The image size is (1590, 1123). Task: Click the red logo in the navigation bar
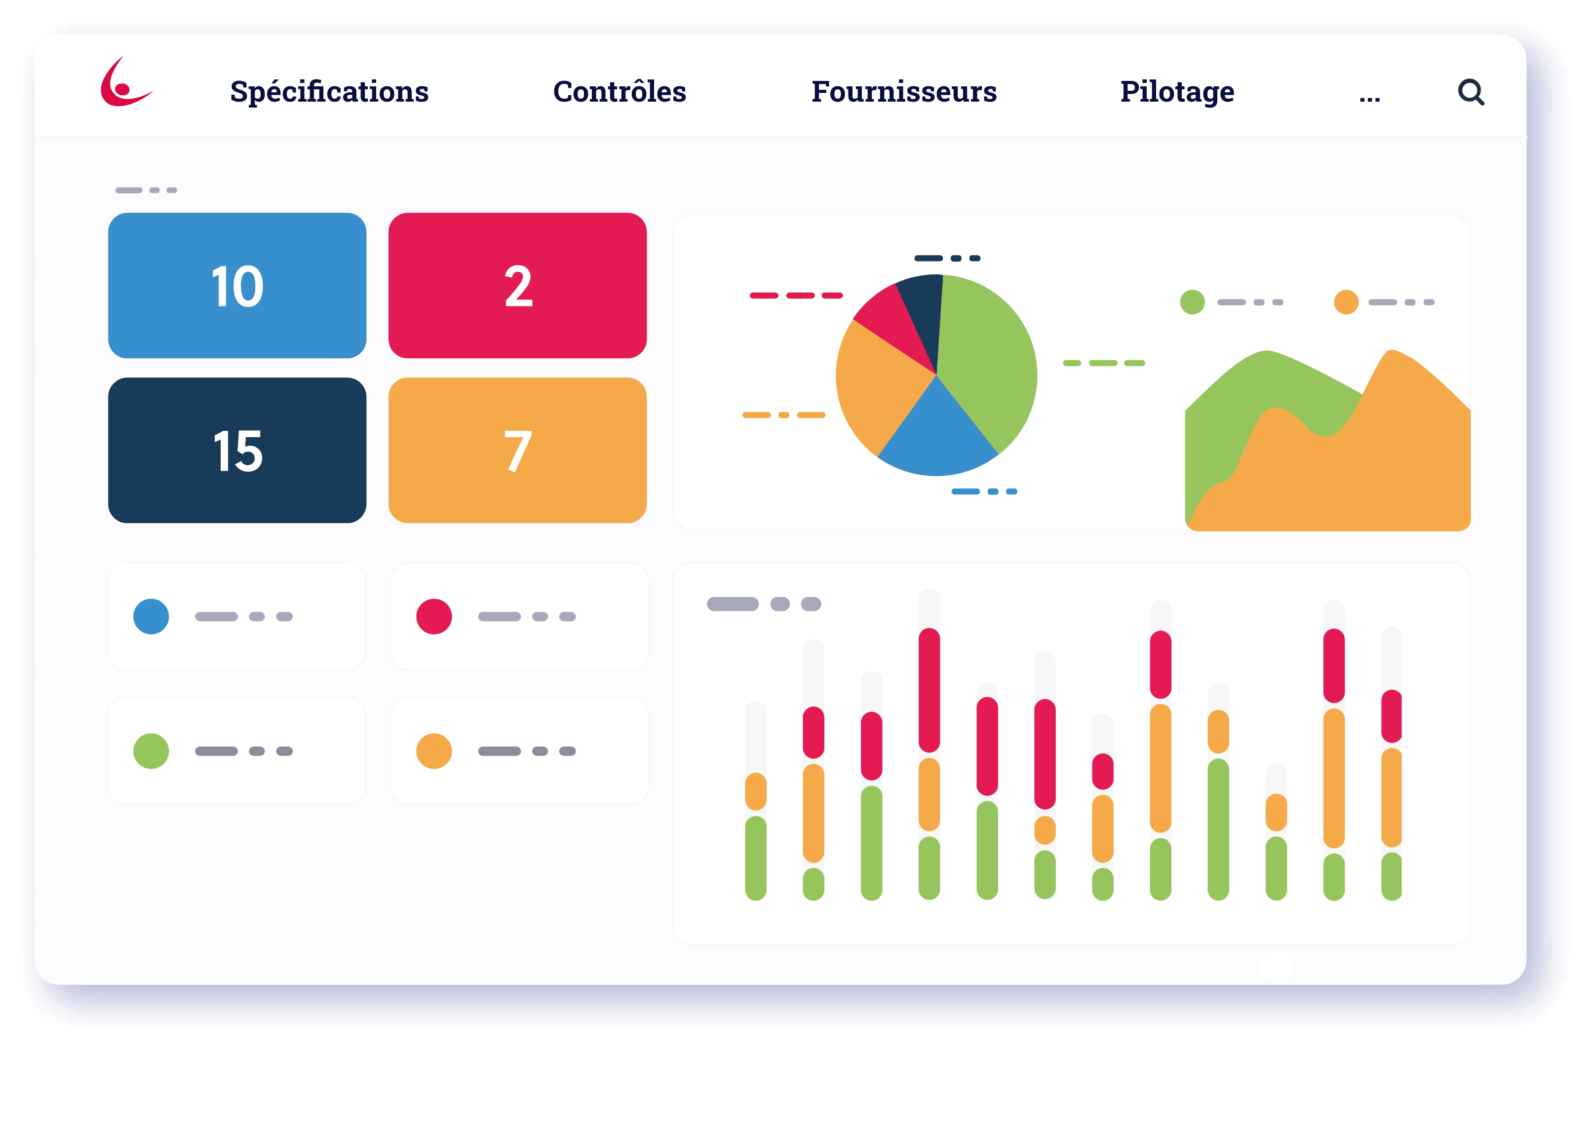coord(125,84)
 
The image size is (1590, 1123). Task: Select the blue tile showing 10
coord(237,285)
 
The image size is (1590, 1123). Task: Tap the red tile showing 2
coord(517,285)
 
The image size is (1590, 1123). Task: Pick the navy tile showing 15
coord(237,450)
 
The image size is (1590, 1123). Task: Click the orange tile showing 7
coord(517,450)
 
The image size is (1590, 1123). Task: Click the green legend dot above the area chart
coord(1192,302)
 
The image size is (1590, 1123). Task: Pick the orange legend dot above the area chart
coord(1346,302)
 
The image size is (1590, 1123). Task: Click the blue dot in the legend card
coord(151,616)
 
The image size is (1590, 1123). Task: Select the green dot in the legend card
coord(151,751)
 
